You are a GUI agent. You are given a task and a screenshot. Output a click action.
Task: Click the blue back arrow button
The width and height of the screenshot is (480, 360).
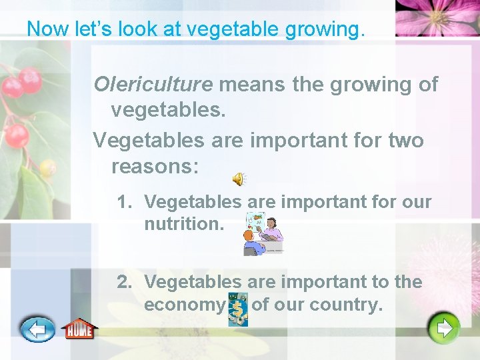click(x=37, y=329)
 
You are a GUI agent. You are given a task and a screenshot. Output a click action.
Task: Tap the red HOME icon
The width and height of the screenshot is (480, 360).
click(x=79, y=329)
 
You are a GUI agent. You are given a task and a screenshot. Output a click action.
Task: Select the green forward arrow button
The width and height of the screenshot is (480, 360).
click(x=444, y=327)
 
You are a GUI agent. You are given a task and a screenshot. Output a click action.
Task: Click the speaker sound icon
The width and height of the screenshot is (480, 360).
click(x=238, y=179)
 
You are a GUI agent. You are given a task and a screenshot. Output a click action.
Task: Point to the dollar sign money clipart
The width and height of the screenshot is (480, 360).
click(x=238, y=309)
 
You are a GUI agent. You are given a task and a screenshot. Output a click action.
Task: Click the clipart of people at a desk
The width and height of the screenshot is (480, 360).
click(x=264, y=233)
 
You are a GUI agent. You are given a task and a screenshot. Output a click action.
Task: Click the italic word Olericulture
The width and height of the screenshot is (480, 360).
click(x=153, y=85)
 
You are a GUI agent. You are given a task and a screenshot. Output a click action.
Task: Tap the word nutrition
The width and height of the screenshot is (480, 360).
click(x=183, y=224)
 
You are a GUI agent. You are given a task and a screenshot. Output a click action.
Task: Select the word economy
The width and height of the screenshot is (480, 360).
click(x=185, y=305)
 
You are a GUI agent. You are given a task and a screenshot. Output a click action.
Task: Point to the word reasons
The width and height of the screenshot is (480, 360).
click(x=155, y=165)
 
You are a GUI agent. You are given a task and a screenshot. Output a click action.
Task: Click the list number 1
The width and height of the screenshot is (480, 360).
click(x=123, y=201)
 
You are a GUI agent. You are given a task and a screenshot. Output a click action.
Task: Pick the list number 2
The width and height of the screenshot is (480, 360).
click(x=123, y=282)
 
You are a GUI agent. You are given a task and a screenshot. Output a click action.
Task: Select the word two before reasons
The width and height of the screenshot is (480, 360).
click(x=405, y=141)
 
